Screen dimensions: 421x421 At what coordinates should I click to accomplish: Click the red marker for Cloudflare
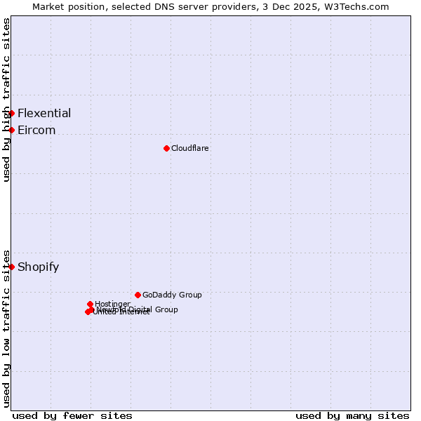click(166, 148)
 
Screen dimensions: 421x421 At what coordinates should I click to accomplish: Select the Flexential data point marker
click(11, 113)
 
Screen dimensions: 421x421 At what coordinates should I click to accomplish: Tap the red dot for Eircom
click(11, 130)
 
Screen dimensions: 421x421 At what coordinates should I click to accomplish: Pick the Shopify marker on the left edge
click(11, 267)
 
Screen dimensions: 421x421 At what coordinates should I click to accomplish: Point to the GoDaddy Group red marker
click(138, 295)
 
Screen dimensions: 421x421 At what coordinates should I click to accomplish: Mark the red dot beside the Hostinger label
click(91, 304)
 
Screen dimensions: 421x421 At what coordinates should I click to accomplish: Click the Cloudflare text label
click(190, 148)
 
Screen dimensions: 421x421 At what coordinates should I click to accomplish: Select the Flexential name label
click(44, 113)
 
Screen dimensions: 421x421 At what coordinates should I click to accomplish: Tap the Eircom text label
click(36, 130)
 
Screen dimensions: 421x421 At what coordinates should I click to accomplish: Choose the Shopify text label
click(39, 267)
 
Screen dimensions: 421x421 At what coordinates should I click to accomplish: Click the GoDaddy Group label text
click(172, 295)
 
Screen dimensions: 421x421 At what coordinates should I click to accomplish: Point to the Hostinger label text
click(112, 304)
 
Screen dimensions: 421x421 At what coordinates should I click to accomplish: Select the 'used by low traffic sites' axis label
click(6, 328)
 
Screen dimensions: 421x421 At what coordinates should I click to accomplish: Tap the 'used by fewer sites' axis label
click(72, 415)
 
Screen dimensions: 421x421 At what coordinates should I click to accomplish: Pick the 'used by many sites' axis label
click(352, 415)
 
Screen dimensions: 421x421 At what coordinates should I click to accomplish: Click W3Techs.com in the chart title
click(356, 6)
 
